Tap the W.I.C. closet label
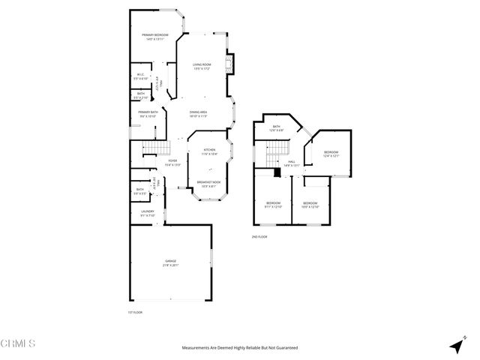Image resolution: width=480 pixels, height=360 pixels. [140, 75]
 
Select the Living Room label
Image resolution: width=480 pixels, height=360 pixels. [201, 65]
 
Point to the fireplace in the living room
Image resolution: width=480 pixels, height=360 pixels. [232, 64]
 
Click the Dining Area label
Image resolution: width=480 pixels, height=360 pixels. [198, 112]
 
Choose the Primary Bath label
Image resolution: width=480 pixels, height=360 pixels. [148, 112]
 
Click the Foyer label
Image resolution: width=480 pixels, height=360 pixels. [172, 161]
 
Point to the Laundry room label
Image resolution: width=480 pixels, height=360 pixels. [148, 212]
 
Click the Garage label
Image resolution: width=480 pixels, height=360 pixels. [171, 262]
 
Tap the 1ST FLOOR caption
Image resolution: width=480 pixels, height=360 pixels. [134, 312]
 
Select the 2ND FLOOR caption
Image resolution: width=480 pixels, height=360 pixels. [259, 236]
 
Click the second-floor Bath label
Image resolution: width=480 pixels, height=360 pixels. [276, 127]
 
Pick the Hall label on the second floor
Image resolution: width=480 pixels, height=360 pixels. [292, 161]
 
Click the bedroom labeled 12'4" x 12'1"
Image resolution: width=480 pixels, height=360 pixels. [331, 153]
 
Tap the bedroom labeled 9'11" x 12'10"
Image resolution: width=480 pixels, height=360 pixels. [273, 203]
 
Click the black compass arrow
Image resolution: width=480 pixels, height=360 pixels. [455, 346]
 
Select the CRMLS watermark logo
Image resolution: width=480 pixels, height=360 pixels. [18, 344]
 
